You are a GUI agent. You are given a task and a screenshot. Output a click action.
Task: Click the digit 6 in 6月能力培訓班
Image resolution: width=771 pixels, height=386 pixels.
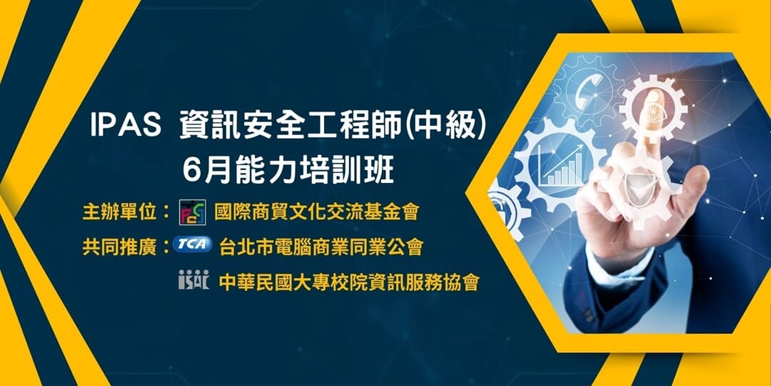point(191,172)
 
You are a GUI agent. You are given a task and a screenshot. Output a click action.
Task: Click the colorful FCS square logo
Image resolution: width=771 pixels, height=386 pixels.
point(192,212)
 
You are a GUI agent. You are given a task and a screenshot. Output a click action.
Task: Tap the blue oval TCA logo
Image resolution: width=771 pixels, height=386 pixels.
point(192,244)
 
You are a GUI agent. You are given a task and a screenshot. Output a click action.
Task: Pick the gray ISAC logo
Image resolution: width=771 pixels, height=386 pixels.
point(193,279)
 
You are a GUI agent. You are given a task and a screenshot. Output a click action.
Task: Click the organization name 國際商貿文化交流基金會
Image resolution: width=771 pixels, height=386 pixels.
point(317,212)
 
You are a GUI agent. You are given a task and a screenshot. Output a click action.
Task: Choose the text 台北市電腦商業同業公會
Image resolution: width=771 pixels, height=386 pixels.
point(321,246)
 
